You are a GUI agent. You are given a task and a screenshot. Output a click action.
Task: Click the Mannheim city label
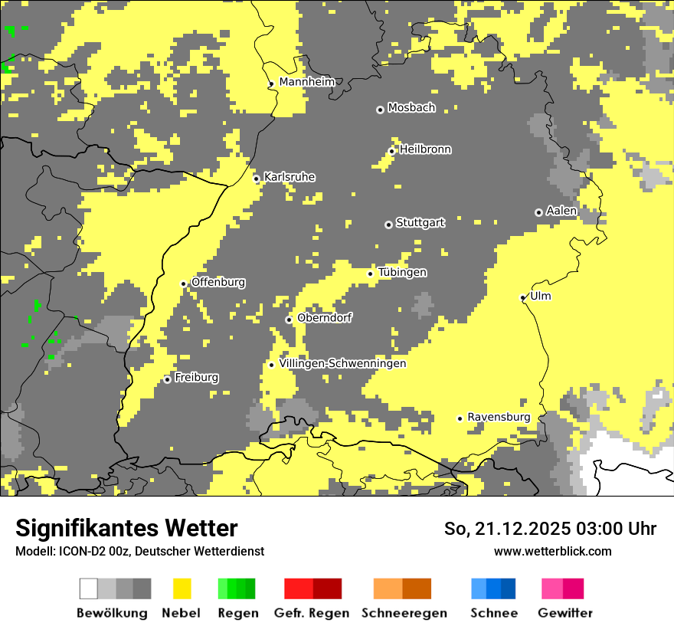[306, 82]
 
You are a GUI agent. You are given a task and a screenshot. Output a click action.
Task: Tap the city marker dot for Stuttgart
[388, 225]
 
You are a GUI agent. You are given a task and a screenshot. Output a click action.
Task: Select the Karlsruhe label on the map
[289, 177]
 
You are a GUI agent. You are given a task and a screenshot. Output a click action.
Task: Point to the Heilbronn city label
[425, 149]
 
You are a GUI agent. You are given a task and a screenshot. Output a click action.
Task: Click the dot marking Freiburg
[167, 379]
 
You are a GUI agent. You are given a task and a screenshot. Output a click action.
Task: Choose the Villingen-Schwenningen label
[342, 363]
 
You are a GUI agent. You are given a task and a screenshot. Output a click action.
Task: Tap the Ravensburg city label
[499, 417]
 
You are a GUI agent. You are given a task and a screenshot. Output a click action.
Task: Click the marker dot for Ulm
[523, 297]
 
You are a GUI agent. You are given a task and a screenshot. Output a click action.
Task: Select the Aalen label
[561, 211]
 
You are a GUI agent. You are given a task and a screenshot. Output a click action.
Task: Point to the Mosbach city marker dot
[380, 110]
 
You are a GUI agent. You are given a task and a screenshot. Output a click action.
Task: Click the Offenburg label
[218, 282]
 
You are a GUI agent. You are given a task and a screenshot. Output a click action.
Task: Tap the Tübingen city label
[402, 272]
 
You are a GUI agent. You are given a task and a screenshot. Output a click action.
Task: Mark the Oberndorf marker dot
[289, 320]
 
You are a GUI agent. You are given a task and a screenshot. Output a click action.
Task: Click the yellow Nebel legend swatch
[182, 588]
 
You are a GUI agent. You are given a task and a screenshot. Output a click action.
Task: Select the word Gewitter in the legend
[565, 613]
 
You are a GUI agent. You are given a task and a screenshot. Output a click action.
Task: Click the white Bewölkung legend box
[89, 588]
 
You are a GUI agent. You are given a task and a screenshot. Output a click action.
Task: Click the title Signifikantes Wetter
[126, 528]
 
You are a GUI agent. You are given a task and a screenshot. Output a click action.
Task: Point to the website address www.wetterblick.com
[552, 551]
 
